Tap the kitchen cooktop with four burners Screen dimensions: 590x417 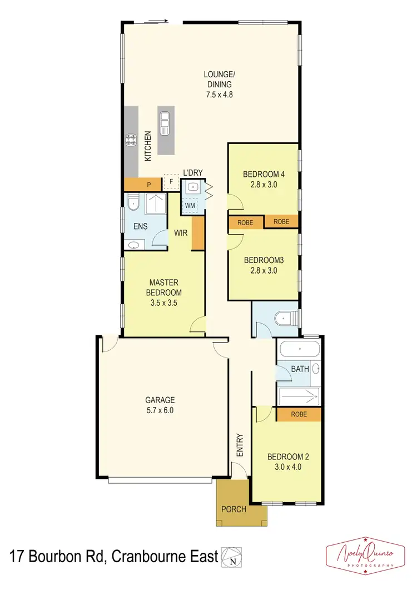pos(132,140)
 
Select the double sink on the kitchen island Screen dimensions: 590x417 pos(165,122)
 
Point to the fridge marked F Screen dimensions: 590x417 pos(171,182)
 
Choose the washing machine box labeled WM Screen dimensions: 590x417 pos(190,205)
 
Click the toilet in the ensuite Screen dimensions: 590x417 pos(132,204)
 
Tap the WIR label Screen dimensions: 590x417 pos(180,234)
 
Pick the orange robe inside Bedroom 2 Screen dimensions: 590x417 pos(299,414)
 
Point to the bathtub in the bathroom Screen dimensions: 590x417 pos(299,350)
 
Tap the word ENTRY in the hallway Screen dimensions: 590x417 pos(240,445)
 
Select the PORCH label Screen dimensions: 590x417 pos(234,509)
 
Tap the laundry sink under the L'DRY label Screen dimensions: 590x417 pos(192,187)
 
